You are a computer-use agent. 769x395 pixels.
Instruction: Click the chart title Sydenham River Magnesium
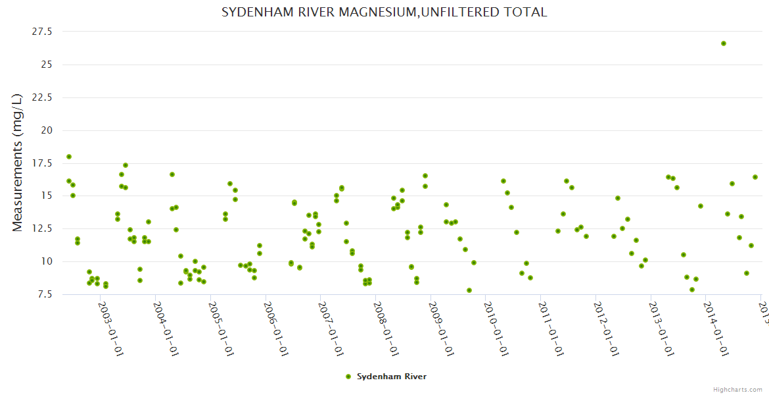coord(384,13)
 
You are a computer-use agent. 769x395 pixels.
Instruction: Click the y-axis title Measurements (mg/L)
coord(18,163)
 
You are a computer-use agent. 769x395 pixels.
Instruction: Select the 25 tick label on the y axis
coord(47,65)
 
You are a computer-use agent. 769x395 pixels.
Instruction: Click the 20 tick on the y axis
coord(47,130)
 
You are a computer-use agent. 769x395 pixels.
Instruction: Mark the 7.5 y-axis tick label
coord(45,294)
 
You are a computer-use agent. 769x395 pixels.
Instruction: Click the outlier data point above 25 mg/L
coord(724,43)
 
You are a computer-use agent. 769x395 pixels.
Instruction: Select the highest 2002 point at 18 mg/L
coord(69,157)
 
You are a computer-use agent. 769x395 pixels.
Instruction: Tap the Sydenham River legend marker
coord(348,377)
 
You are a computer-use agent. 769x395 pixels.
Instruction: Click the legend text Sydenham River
coord(392,377)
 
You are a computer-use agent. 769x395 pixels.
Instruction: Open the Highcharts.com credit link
coord(738,389)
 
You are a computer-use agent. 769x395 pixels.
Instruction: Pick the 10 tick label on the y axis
coord(47,261)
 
